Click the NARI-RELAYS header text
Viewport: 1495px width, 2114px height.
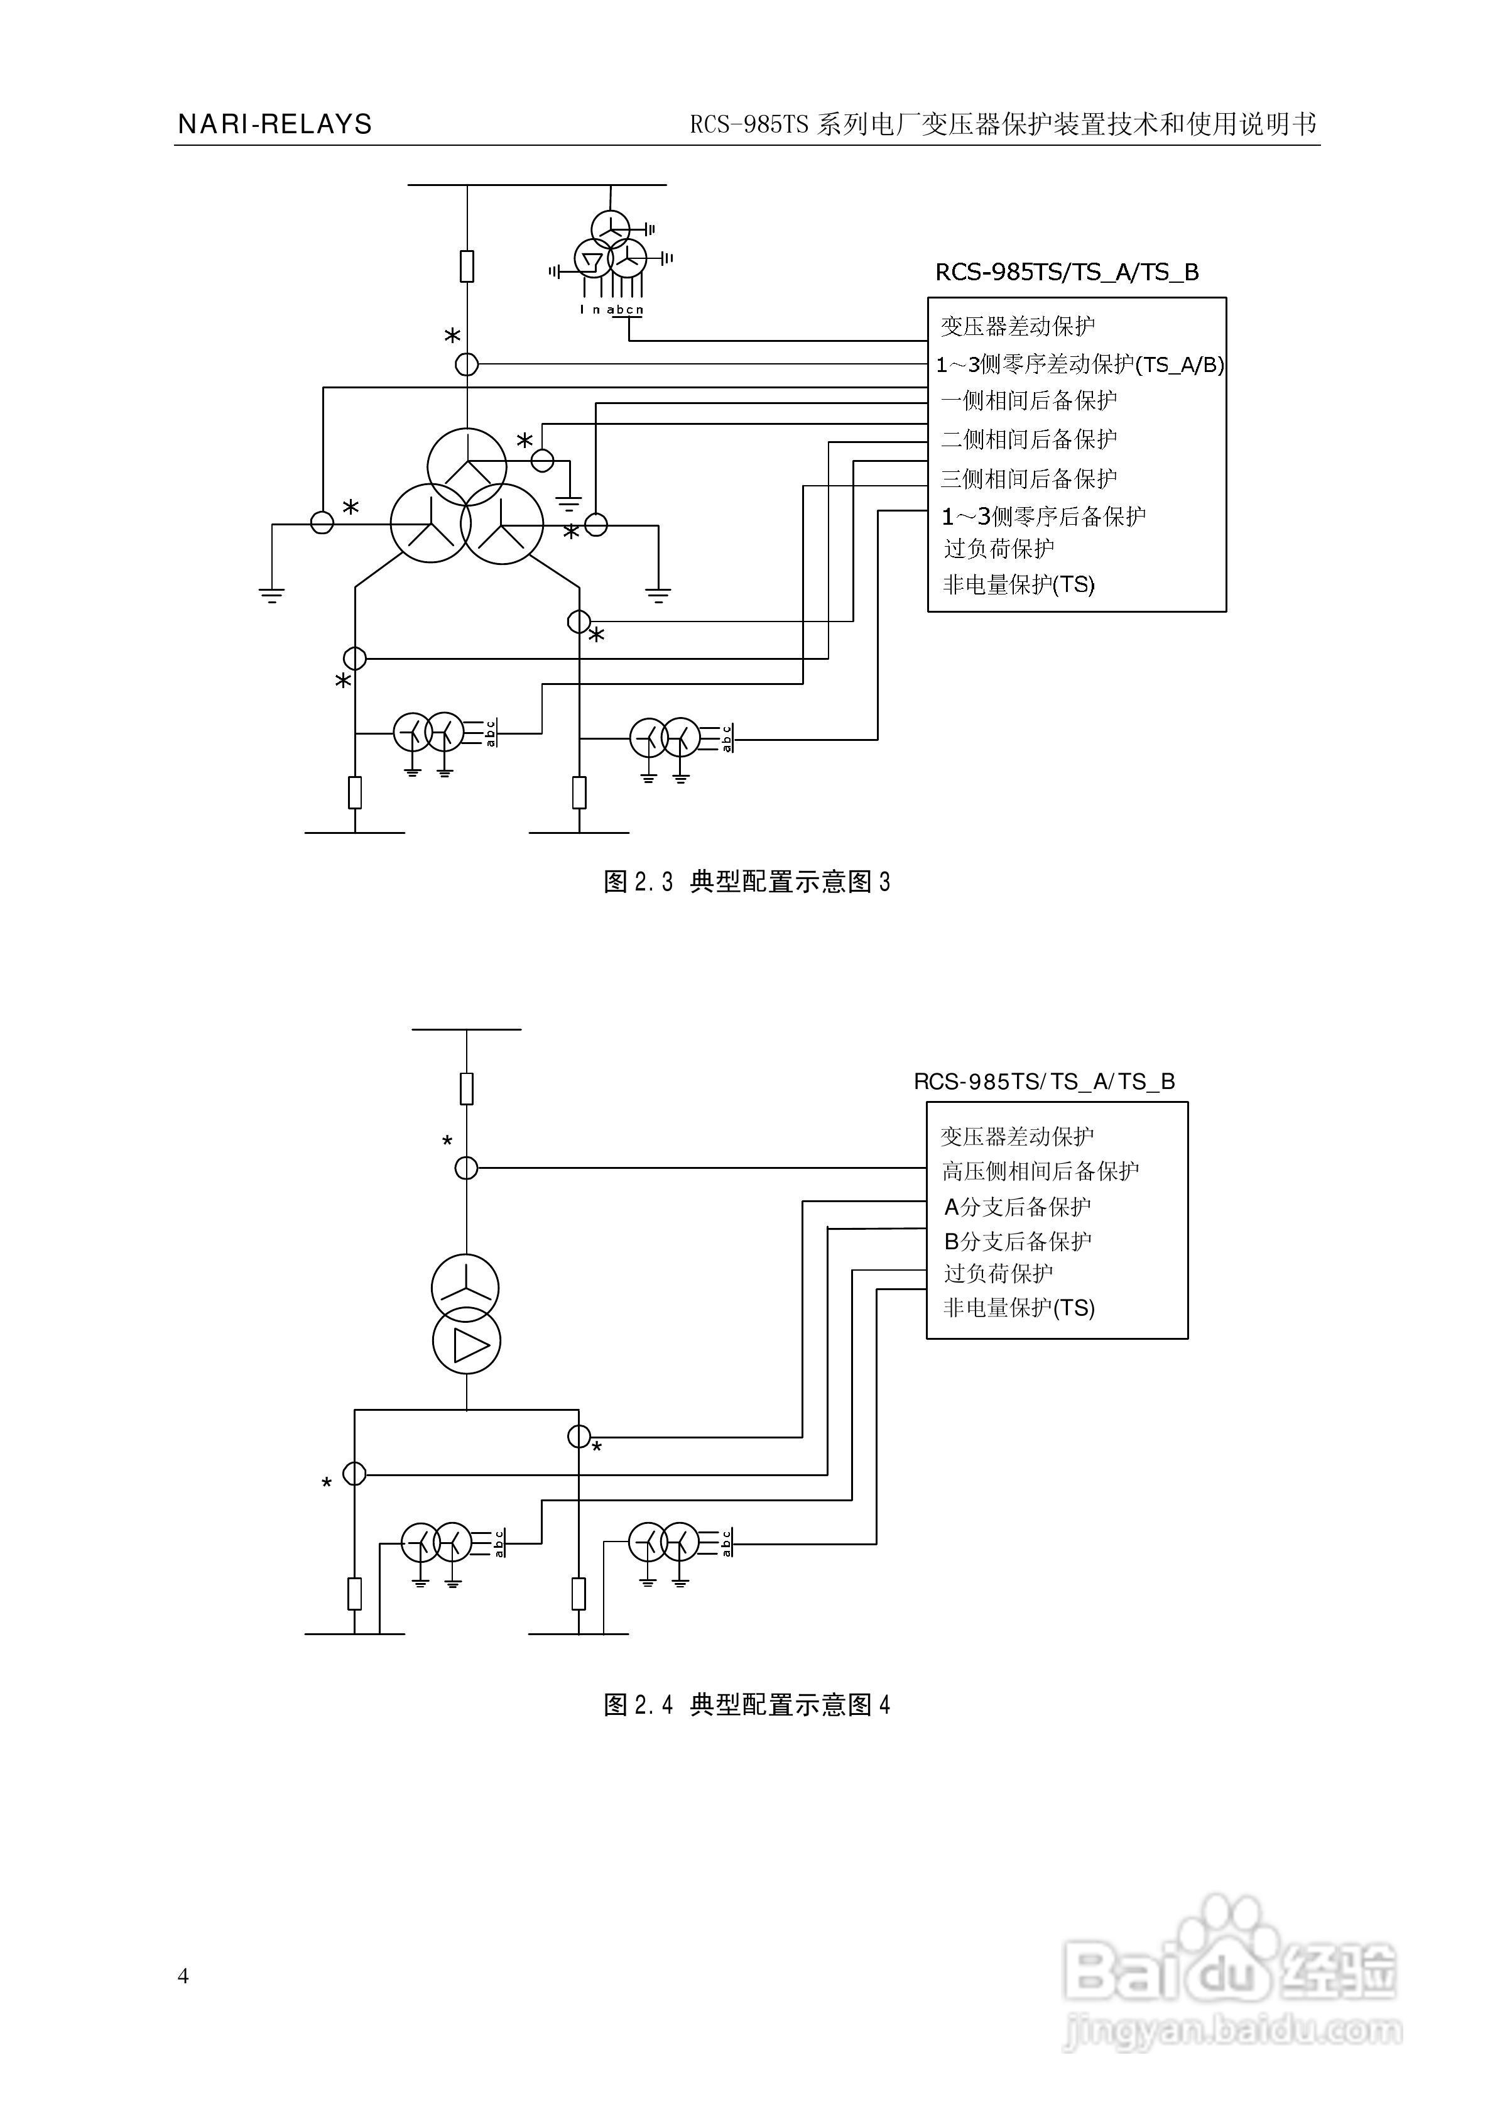(275, 124)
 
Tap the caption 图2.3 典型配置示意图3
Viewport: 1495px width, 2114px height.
(747, 882)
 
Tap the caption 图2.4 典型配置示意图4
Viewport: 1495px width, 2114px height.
(747, 1705)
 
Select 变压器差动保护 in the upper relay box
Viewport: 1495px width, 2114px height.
(1017, 326)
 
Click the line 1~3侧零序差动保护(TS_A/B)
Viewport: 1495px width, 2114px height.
(1080, 364)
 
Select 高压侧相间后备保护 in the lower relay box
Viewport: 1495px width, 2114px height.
(1040, 1171)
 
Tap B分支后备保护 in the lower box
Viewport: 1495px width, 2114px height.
(1017, 1241)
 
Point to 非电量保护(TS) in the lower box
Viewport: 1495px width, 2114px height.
(1019, 1308)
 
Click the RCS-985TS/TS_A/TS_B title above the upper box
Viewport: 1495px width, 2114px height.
(1067, 273)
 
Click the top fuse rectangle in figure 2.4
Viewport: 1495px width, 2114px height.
(467, 1088)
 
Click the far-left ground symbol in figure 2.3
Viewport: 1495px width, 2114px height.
(271, 594)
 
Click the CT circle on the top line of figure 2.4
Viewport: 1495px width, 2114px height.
(467, 1168)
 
